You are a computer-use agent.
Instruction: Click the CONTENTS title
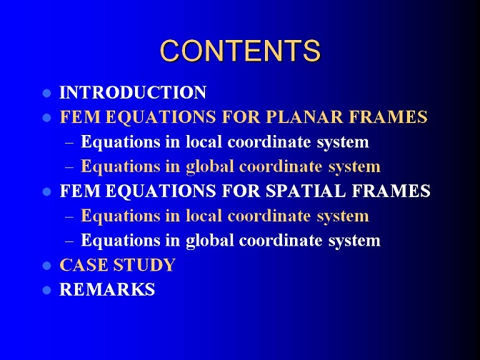(x=240, y=51)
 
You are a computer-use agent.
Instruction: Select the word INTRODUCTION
(x=133, y=92)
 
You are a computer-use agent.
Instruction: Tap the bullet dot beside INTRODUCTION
(x=47, y=93)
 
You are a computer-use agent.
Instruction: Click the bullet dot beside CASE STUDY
(x=47, y=266)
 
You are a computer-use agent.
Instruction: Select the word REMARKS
(x=107, y=289)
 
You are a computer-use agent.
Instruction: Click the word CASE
(x=84, y=265)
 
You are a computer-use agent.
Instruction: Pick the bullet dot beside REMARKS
(x=47, y=290)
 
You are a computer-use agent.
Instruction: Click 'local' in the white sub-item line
(x=204, y=141)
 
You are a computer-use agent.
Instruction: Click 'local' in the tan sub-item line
(x=204, y=216)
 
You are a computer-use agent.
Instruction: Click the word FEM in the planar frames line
(x=80, y=116)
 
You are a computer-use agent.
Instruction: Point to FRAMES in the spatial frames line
(x=391, y=191)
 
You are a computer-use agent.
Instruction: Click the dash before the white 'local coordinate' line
(x=69, y=143)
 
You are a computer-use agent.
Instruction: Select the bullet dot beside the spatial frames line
(x=47, y=191)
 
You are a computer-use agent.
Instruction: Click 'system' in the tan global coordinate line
(x=354, y=168)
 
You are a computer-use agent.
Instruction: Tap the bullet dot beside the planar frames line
(x=47, y=118)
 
